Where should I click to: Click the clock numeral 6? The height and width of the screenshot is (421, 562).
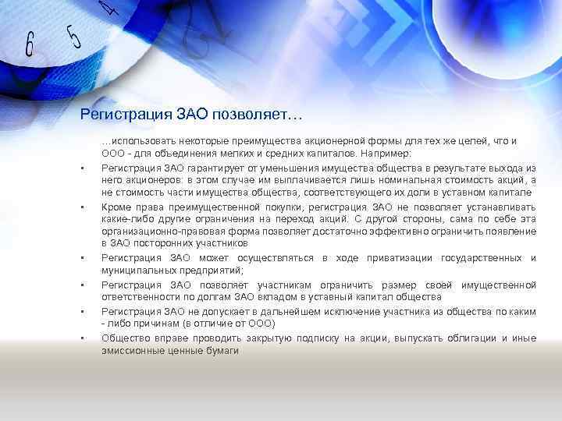[x=30, y=44]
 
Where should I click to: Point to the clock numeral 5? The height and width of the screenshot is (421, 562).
[x=74, y=35]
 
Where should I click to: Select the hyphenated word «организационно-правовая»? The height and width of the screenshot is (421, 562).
[x=157, y=232]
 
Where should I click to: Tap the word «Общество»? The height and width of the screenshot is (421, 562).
[x=125, y=338]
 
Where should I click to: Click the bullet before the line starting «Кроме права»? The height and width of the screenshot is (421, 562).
[x=81, y=207]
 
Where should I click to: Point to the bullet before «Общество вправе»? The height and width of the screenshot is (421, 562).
[x=81, y=338]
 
